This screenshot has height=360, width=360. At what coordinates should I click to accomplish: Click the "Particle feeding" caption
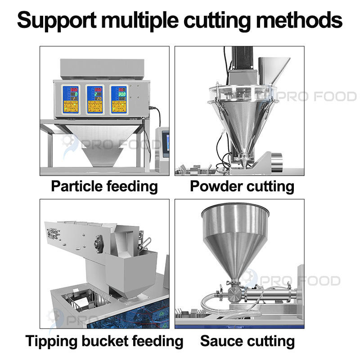click(104, 185)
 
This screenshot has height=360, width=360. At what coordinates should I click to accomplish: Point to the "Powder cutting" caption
click(242, 185)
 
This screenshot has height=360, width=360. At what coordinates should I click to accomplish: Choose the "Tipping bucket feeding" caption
click(104, 340)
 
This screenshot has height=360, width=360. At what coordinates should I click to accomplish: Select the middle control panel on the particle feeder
click(94, 99)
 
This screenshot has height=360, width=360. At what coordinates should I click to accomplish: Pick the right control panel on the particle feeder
click(119, 99)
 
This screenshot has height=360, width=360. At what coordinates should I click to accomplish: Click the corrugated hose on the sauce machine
click(211, 301)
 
